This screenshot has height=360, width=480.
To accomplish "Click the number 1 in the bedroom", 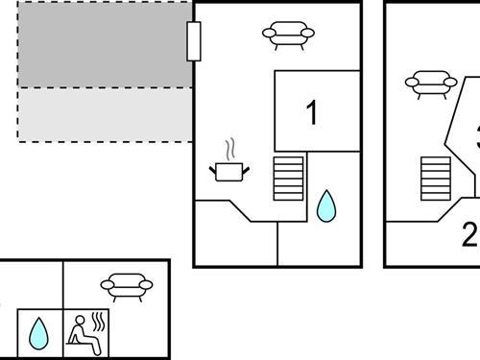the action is pyautogui.click(x=311, y=113).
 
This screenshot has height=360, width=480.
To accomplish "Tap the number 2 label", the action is pyautogui.click(x=469, y=234).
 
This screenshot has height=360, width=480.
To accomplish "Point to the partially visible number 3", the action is pyautogui.click(x=476, y=134).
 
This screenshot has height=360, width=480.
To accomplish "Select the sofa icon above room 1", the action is pyautogui.click(x=288, y=36).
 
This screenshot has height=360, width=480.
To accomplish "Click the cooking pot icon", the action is pyautogui.click(x=229, y=171).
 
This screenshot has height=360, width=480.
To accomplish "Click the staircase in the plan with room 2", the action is pyautogui.click(x=435, y=179).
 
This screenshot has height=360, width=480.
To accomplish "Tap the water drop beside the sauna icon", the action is pyautogui.click(x=38, y=332).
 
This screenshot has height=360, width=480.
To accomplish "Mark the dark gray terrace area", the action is pyautogui.click(x=104, y=44).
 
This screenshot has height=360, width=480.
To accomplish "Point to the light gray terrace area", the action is pyautogui.click(x=104, y=114).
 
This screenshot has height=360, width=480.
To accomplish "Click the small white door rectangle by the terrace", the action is pyautogui.click(x=193, y=41).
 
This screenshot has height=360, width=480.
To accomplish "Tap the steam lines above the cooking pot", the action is pyautogui.click(x=229, y=150).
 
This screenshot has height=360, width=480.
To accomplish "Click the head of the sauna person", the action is pyautogui.click(x=80, y=320).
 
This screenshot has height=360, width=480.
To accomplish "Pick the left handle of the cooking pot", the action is pyautogui.click(x=213, y=170).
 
